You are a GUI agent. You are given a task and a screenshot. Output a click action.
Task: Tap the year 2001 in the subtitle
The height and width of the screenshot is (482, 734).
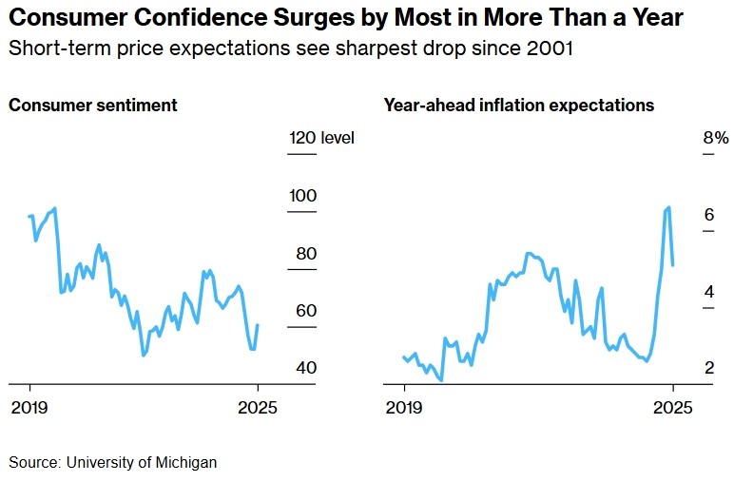point(552,48)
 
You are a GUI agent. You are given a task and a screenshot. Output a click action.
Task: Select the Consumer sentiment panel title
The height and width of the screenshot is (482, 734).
point(93,106)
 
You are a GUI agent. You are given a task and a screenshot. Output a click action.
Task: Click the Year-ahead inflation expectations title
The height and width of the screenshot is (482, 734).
point(518,106)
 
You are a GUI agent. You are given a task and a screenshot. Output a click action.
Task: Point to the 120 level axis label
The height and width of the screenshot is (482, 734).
point(321,139)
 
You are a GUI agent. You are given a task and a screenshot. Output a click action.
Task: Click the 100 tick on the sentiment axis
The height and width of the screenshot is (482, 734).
point(302,196)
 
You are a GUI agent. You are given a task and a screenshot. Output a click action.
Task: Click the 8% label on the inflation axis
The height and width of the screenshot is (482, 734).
point(715,139)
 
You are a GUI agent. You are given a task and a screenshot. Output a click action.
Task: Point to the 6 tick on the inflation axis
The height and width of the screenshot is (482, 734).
point(708,215)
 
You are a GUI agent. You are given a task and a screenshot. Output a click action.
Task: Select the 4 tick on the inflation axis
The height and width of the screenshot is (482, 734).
point(708,292)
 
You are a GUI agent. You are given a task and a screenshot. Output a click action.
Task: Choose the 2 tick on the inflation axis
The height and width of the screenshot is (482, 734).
point(708,368)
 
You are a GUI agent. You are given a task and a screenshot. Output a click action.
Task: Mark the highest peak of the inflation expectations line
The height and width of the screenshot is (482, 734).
point(669,207)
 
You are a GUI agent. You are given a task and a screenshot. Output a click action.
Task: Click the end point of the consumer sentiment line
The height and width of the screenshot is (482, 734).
point(258,325)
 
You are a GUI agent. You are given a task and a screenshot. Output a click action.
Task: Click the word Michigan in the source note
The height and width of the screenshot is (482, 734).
point(189,463)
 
